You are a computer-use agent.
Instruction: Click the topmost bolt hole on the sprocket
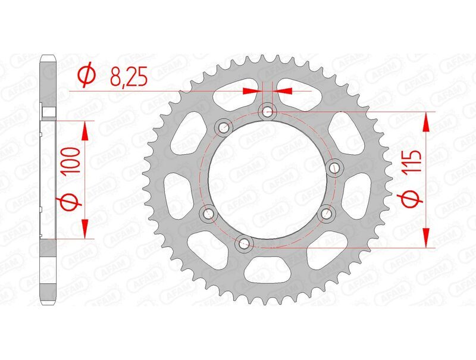click(267, 111)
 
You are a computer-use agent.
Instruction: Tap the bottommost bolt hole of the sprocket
click(243, 242)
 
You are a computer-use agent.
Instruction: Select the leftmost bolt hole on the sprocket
click(208, 213)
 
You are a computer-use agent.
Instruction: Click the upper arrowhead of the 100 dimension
click(85, 130)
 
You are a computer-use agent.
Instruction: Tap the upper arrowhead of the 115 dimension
click(427, 123)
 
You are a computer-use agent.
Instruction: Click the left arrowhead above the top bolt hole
click(253, 91)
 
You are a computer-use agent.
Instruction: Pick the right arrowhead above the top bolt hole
click(283, 91)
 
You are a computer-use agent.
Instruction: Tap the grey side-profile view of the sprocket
click(48, 179)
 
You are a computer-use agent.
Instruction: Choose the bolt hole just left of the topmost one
click(224, 126)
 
